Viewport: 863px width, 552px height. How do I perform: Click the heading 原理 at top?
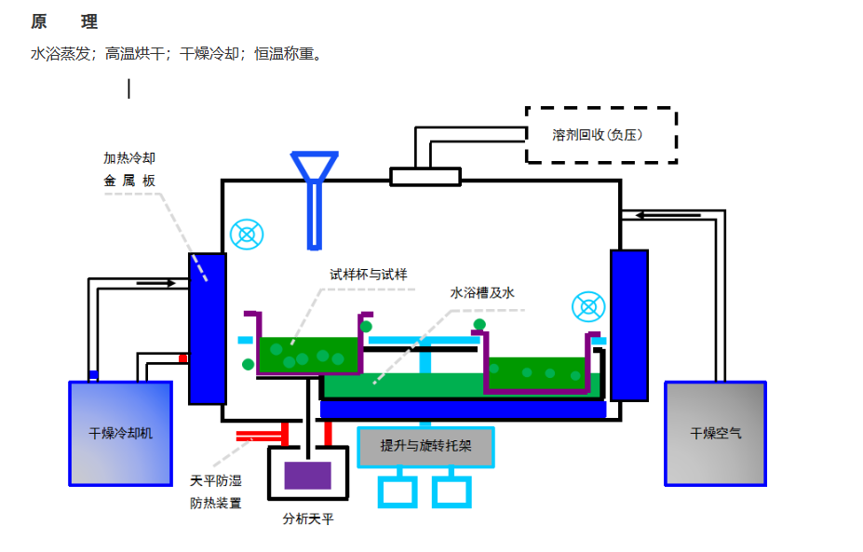coord(64,21)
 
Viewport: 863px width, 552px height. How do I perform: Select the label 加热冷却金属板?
coord(129,169)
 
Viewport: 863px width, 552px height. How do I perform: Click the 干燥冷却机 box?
coord(120,433)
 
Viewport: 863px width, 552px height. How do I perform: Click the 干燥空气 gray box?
coord(715,433)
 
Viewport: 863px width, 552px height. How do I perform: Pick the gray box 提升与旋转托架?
coord(425,446)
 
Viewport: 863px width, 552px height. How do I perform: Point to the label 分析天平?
coord(308,519)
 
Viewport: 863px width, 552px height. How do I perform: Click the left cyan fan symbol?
coord(247,234)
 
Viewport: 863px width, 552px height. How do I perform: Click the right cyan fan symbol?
coord(588,307)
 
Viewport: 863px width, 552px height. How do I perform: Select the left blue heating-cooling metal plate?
coord(208,328)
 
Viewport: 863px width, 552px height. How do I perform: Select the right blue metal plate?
coord(628,325)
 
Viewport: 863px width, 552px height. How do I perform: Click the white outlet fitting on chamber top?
coord(425,176)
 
